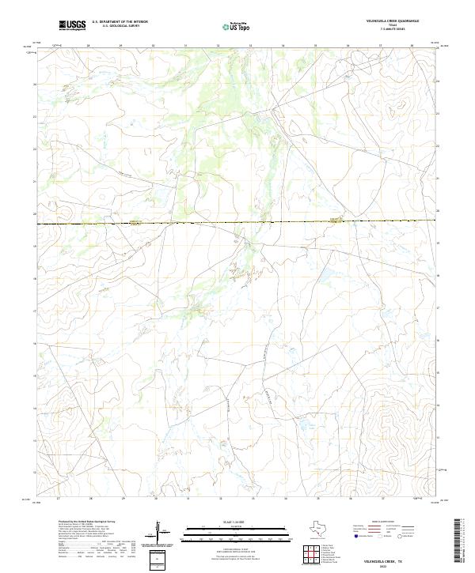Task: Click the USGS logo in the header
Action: pyautogui.click(x=72, y=25)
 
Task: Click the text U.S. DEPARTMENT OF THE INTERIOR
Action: pyautogui.click(x=120, y=21)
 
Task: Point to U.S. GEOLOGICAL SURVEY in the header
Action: pyautogui.click(x=120, y=26)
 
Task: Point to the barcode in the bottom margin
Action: pyautogui.click(x=458, y=541)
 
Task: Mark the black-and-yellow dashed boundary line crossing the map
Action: pyautogui.click(x=237, y=224)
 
